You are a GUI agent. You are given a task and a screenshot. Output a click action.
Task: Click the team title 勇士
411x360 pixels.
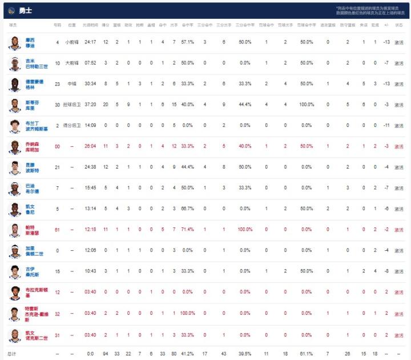25,11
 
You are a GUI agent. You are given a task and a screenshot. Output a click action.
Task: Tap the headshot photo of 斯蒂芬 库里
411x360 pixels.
14,105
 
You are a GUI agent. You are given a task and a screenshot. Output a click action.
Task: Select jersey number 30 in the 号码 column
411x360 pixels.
57,105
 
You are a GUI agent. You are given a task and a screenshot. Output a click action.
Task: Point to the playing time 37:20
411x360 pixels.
90,105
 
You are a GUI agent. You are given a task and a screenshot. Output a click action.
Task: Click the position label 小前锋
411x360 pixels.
72,42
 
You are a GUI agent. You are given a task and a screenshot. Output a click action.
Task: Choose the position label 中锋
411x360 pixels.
72,84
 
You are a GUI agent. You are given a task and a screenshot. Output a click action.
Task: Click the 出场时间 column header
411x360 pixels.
90,25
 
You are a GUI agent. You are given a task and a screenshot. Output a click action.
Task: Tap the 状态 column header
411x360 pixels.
399,25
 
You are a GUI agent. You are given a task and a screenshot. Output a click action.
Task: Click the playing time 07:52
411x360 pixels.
90,63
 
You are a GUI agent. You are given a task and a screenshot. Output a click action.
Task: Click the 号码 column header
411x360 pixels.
57,25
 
